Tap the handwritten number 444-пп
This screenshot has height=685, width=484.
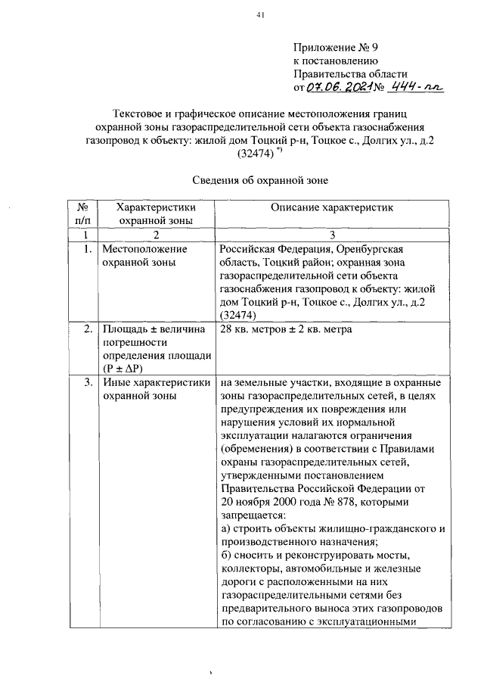(x=415, y=88)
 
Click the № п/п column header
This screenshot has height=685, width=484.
(x=84, y=213)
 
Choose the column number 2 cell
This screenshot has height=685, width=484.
(x=157, y=235)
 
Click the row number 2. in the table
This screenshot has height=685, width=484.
(x=88, y=329)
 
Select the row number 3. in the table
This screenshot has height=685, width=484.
(x=88, y=382)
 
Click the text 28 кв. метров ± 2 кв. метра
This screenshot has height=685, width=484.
(x=286, y=329)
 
